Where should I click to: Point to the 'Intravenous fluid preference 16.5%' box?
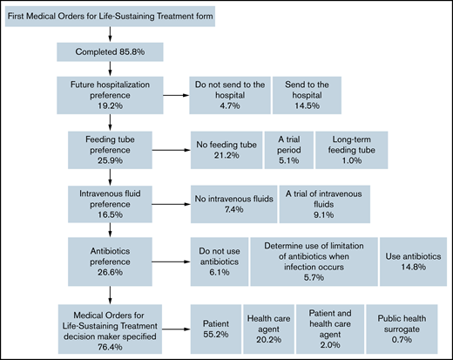pyautogui.click(x=110, y=202)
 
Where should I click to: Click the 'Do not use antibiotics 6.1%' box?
pyautogui.click(x=219, y=262)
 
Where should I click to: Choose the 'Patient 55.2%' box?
pyautogui.click(x=216, y=327)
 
